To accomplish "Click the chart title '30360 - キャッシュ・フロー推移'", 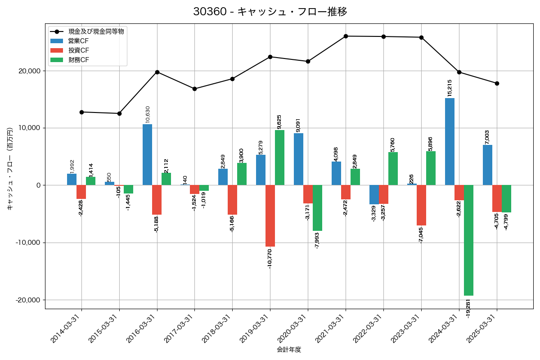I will (270, 12).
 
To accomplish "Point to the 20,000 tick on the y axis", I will (27, 71).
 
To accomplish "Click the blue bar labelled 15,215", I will (450, 141).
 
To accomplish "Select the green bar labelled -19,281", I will (468, 240).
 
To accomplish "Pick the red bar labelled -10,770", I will (270, 216).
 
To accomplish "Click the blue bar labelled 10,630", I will (147, 154).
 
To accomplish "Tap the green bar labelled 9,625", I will (279, 157).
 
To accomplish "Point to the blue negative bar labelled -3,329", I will (374, 194).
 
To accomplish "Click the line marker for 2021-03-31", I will (346, 36).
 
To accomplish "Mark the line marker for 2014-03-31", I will (81, 112).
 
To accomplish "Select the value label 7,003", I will (487, 138).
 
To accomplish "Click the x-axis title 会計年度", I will (288, 350).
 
